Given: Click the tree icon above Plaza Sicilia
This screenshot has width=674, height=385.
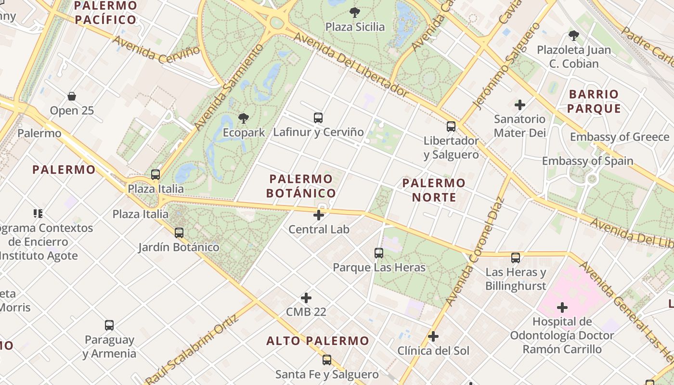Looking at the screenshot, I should [355, 13].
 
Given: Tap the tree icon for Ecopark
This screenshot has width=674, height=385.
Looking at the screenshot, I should [244, 118].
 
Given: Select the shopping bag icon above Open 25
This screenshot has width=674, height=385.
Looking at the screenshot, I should [72, 96].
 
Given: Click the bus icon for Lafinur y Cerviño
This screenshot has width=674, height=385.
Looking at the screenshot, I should [318, 117].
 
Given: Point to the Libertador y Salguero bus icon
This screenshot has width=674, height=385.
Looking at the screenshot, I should [451, 127].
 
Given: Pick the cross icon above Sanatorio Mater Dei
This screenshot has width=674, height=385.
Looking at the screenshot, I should [520, 104].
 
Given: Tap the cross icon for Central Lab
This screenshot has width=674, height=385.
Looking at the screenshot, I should [319, 215].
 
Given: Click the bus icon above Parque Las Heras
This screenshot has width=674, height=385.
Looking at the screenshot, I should [379, 253].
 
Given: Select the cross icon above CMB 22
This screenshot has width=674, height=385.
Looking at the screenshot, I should [306, 298].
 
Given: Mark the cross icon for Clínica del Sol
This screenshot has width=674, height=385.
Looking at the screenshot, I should [433, 336].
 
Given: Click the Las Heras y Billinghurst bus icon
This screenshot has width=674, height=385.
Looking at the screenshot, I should [516, 257].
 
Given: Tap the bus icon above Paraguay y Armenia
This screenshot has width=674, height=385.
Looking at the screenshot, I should [109, 325].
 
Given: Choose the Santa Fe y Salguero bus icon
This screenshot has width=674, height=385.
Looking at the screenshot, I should [327, 359].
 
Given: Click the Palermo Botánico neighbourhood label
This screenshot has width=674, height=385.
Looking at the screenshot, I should [301, 186].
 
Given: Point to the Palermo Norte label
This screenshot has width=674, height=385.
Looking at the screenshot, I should [434, 190].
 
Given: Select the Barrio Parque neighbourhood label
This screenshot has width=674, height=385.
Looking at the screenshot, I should [594, 101].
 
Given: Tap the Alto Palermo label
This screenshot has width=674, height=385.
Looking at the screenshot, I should [318, 341].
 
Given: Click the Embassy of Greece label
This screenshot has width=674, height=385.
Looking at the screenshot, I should [620, 137].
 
